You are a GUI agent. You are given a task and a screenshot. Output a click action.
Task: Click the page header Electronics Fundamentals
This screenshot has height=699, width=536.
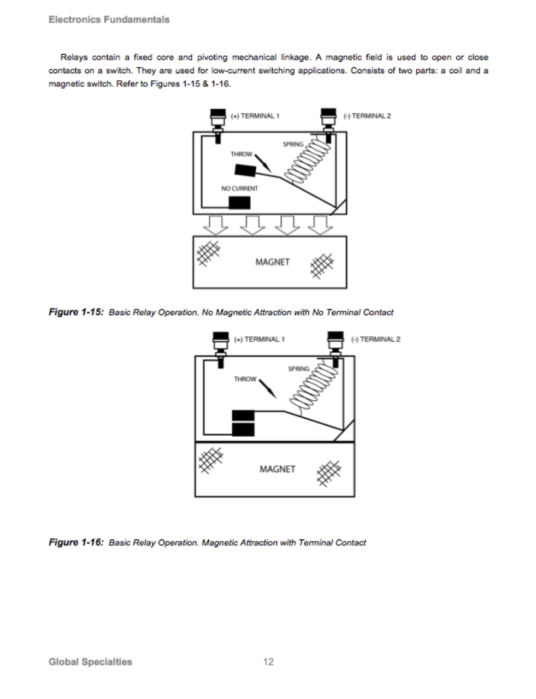click(x=109, y=20)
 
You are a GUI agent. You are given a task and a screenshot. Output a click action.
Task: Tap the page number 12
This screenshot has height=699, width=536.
click(x=268, y=662)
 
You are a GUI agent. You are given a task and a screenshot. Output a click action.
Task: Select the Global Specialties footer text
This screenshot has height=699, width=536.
click(x=90, y=662)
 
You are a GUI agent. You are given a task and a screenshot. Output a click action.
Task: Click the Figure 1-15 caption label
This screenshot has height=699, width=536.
click(x=76, y=312)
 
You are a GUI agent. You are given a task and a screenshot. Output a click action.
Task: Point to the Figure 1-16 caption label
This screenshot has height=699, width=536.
click(x=76, y=542)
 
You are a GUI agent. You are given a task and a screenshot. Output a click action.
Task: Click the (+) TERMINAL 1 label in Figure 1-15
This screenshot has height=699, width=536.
click(x=255, y=116)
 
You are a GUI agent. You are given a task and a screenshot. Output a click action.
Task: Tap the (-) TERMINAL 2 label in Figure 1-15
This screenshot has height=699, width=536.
click(x=367, y=116)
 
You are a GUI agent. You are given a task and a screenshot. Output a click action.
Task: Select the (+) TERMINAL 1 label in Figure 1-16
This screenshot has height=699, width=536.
click(x=259, y=339)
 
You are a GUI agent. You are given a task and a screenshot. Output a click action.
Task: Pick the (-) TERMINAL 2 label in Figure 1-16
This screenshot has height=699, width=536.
click(x=375, y=339)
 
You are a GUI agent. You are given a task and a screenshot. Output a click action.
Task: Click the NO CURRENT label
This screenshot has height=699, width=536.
click(x=239, y=188)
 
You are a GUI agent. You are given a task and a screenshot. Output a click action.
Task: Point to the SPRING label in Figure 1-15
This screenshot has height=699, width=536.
click(x=292, y=144)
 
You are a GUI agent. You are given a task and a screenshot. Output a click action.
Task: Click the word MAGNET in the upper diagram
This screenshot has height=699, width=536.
click(x=272, y=262)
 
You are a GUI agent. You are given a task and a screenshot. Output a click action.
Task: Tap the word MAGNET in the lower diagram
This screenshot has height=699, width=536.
click(x=277, y=469)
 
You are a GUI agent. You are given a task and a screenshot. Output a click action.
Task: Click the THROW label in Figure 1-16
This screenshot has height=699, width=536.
click(x=245, y=379)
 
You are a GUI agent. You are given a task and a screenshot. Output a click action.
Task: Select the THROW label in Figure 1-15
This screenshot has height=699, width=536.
click(x=241, y=155)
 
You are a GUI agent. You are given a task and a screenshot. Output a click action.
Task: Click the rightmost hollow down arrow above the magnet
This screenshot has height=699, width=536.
click(x=318, y=223)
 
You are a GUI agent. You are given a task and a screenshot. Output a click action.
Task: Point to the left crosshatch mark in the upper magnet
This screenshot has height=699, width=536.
click(x=208, y=252)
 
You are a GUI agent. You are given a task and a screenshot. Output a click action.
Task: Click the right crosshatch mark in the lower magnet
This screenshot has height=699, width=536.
click(x=329, y=472)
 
